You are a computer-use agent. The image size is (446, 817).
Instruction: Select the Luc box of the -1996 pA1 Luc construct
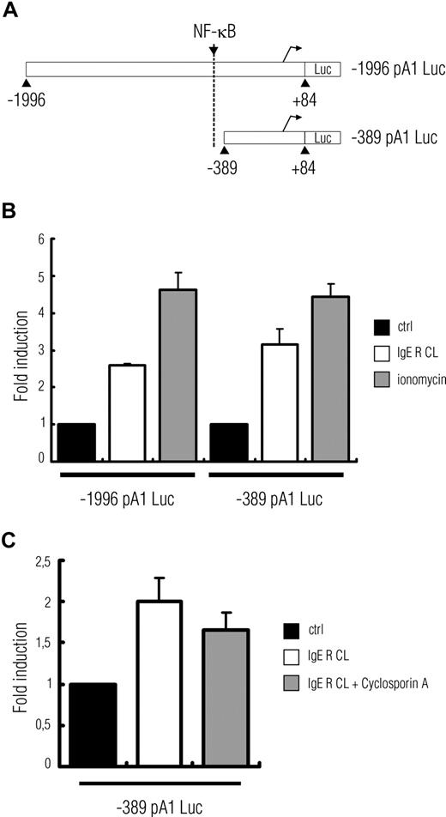pos(322,70)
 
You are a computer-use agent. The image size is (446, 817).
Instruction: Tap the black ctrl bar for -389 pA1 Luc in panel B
pos(227,441)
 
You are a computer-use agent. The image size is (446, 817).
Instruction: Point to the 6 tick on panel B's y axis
pos(39,239)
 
